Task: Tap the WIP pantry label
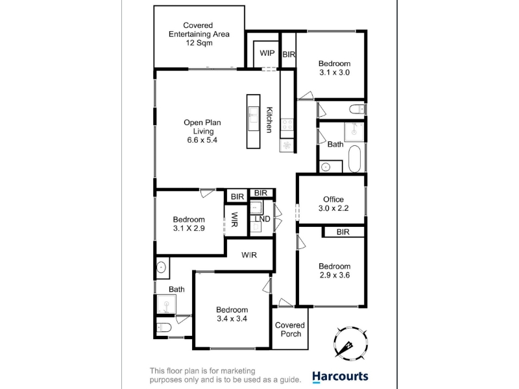pyautogui.click(x=267, y=53)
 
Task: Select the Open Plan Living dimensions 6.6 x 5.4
pyautogui.click(x=202, y=140)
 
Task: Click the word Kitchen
pyautogui.click(x=269, y=120)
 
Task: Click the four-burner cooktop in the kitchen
pyautogui.click(x=287, y=124)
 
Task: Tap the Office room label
pyautogui.click(x=333, y=200)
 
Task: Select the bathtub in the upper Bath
pyautogui.click(x=354, y=159)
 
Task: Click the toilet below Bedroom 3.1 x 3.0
pyautogui.click(x=357, y=109)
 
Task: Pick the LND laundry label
pyautogui.click(x=263, y=219)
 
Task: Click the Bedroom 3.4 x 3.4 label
pyautogui.click(x=232, y=314)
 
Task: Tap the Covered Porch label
pyautogui.click(x=290, y=329)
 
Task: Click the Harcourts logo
pyautogui.click(x=340, y=377)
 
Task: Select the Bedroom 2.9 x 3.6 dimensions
pyautogui.click(x=335, y=275)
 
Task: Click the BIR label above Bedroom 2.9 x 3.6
pyautogui.click(x=343, y=232)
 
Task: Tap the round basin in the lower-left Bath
pyautogui.click(x=162, y=267)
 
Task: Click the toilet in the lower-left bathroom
pyautogui.click(x=163, y=327)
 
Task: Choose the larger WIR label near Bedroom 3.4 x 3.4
pyautogui.click(x=249, y=255)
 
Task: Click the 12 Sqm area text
pyautogui.click(x=199, y=43)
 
